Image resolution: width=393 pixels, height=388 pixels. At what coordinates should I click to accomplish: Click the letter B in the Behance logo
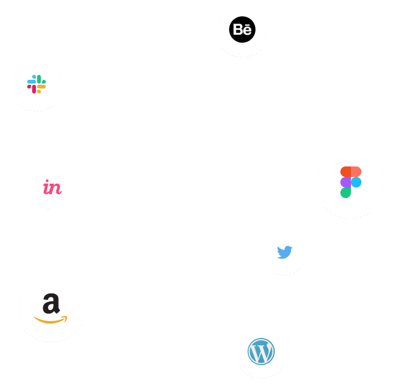(238, 30)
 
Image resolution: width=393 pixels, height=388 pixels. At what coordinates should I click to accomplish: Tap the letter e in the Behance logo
(247, 31)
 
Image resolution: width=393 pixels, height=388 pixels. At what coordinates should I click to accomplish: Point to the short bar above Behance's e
(247, 25)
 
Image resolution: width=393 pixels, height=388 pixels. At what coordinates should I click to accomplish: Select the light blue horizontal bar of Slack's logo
(32, 82)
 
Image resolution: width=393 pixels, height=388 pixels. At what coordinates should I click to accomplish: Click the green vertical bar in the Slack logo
(39, 79)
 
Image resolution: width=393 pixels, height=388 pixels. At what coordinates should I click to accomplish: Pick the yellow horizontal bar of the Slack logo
(41, 87)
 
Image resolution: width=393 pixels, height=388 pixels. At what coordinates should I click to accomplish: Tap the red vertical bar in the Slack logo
(34, 89)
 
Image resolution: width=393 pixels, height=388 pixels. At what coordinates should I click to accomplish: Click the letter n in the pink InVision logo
(56, 189)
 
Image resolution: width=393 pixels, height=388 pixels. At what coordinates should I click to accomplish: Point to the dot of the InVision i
(47, 181)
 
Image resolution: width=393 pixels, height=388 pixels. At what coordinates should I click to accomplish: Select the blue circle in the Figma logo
(356, 182)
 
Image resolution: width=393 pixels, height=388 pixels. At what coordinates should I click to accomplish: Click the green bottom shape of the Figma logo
(345, 192)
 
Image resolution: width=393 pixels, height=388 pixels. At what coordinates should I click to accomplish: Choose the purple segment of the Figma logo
(345, 182)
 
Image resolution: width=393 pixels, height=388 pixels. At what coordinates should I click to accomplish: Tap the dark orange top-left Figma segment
(345, 171)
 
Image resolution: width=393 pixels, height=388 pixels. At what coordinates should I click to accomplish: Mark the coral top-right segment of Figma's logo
(356, 171)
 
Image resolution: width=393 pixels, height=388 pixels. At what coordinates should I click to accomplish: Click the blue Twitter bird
(285, 252)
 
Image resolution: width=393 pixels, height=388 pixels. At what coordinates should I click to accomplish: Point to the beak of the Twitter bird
(292, 248)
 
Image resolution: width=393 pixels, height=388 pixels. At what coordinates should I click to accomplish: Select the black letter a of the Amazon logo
(51, 304)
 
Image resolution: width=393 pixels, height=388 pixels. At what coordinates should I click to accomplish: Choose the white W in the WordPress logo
(261, 352)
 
